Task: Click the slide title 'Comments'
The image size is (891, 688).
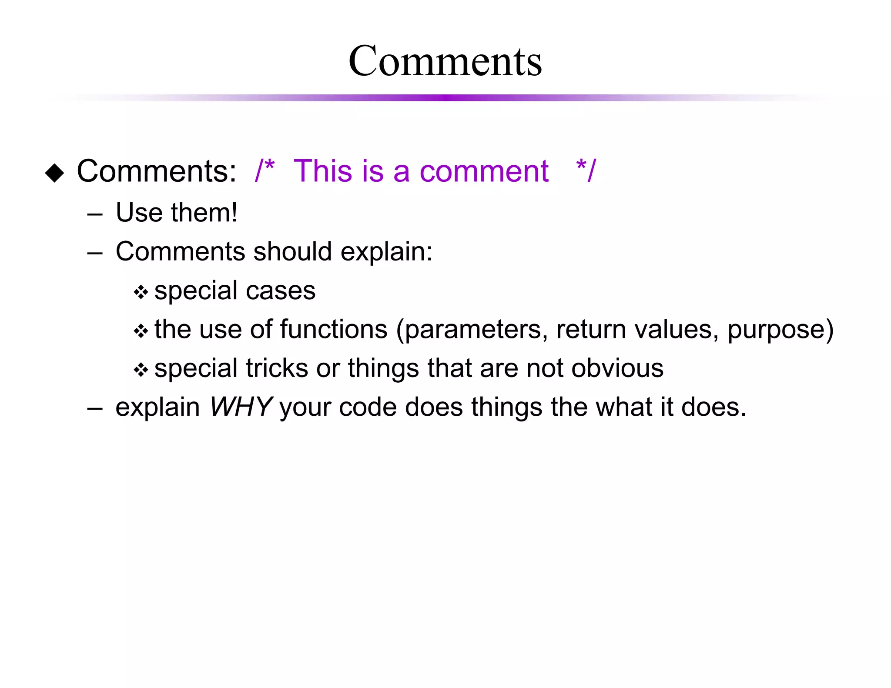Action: point(445,61)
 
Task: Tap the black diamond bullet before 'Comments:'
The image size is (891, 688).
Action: point(54,173)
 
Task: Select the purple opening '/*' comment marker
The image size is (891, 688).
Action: point(265,170)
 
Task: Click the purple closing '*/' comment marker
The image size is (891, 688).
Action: point(586,170)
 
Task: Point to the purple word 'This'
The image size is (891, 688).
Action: point(322,170)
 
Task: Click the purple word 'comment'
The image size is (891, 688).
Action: point(484,171)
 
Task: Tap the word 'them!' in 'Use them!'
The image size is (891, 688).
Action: point(204,213)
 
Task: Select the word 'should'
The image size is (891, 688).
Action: point(292,252)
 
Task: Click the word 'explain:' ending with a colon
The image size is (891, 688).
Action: point(386,253)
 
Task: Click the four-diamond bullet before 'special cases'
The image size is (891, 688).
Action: point(141,292)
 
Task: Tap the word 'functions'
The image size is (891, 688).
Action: point(334,329)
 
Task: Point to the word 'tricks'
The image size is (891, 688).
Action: point(277,368)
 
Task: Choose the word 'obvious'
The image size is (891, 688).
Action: point(617,368)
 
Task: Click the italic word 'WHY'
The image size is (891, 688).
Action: point(241,407)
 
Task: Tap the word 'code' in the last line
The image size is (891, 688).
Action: point(368,407)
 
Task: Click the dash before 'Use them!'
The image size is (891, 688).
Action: point(94,214)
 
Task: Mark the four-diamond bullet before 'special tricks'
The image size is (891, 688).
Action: point(141,370)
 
